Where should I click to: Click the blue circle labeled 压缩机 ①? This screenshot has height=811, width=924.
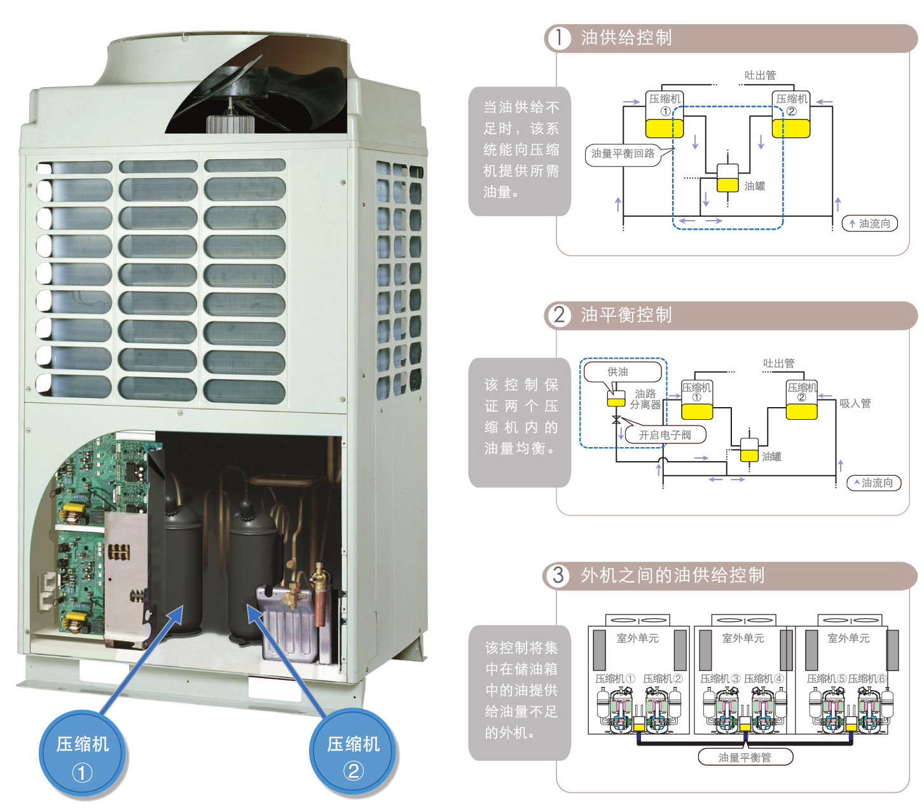(x=82, y=752)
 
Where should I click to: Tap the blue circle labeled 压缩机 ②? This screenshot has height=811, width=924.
(x=352, y=751)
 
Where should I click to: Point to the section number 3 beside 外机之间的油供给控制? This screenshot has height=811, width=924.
(x=558, y=575)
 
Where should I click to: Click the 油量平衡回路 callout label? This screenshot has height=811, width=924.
(x=623, y=154)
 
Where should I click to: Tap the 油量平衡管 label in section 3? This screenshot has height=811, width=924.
(x=745, y=758)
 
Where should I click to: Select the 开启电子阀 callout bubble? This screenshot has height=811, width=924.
(x=665, y=434)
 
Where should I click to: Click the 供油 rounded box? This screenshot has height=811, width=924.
(x=622, y=371)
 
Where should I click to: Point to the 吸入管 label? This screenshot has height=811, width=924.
(x=855, y=403)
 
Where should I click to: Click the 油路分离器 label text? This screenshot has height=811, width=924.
(x=645, y=399)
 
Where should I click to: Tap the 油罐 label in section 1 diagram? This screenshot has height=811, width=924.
(x=754, y=186)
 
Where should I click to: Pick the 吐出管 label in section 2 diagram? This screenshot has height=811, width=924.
(x=779, y=363)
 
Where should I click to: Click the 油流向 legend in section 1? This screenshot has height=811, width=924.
(x=869, y=223)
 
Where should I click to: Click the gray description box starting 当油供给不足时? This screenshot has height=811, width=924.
(x=520, y=151)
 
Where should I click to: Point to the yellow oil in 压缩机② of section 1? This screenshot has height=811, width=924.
(x=790, y=128)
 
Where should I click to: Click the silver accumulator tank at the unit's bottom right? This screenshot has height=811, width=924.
(x=287, y=623)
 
